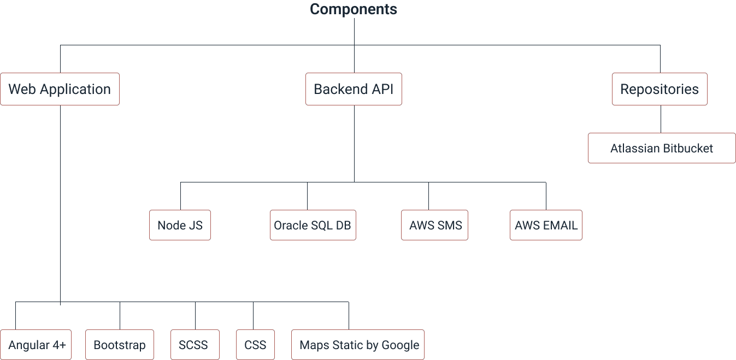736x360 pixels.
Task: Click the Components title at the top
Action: tap(354, 9)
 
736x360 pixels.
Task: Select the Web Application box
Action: tap(60, 89)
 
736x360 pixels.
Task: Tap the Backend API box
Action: tap(354, 89)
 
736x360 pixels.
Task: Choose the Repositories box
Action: tap(660, 89)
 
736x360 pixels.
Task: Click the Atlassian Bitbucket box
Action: tap(661, 148)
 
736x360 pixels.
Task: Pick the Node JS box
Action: tap(180, 225)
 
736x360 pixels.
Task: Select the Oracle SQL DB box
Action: tap(313, 225)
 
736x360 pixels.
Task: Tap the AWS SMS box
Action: tap(435, 225)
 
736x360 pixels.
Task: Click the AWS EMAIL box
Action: tap(546, 225)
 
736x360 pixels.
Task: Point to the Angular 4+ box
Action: tap(36, 345)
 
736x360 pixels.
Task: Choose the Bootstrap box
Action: tap(120, 345)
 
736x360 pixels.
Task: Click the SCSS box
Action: tap(195, 345)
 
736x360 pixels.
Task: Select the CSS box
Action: tap(255, 345)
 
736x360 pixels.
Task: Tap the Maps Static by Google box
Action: tap(358, 345)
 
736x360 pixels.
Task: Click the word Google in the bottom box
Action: tap(400, 345)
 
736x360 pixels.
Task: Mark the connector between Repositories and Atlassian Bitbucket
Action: tap(661, 119)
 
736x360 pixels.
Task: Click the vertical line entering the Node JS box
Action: tap(180, 197)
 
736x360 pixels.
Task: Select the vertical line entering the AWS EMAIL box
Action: tap(546, 197)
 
